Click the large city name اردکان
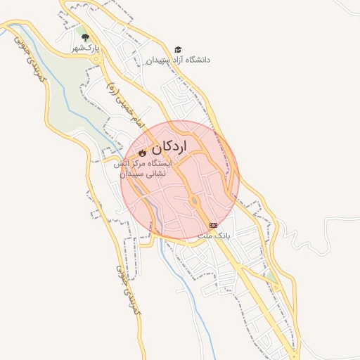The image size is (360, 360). pos(169,147)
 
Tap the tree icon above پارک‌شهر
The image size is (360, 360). pos(86,38)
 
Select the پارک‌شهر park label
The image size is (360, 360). pos(86,49)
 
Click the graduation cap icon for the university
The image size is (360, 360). pos(178,49)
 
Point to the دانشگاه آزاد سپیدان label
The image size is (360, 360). pos(177,60)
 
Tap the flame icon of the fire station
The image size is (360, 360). pos(141,152)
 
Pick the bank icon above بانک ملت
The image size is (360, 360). pos(213,224)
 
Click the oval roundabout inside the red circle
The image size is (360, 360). pos(194,202)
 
